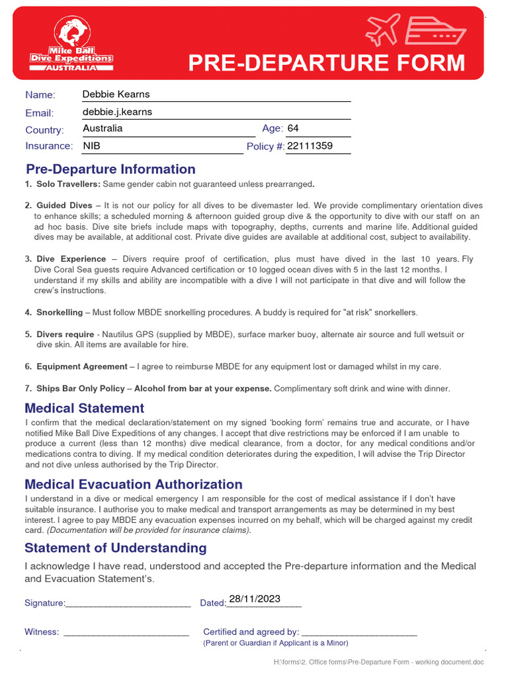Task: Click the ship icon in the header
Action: [435, 30]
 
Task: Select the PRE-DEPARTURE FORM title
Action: [327, 63]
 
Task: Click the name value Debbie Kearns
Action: [116, 95]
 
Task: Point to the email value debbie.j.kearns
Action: [117, 112]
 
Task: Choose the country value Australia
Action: [103, 128]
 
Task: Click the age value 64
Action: [293, 128]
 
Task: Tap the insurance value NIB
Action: [92, 145]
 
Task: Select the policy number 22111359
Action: [310, 145]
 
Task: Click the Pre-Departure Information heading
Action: [110, 169]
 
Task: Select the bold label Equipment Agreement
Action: [82, 366]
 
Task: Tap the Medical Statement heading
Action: [84, 408]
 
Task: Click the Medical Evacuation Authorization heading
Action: [134, 485]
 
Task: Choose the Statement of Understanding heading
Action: [116, 548]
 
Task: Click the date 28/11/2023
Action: [254, 599]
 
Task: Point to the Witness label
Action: [42, 632]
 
